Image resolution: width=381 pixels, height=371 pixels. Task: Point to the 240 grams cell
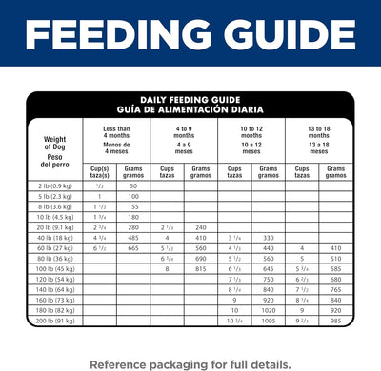tap(200, 227)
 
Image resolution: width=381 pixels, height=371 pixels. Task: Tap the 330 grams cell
tap(268, 238)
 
